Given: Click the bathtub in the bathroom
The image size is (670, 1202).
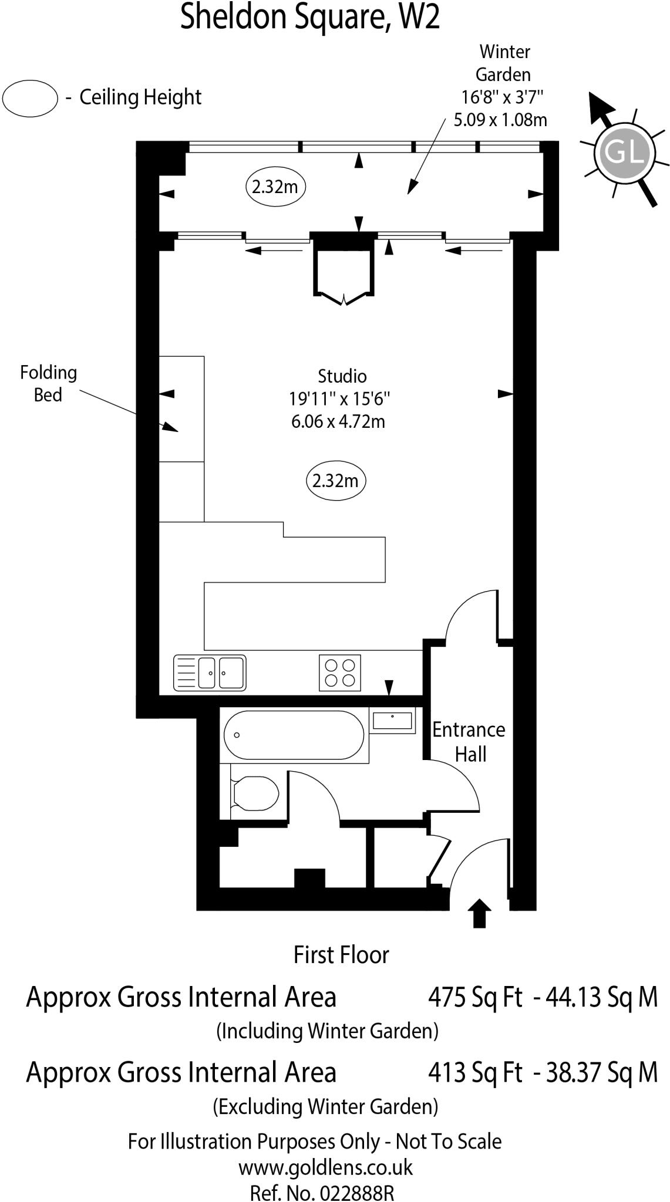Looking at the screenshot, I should (294, 735).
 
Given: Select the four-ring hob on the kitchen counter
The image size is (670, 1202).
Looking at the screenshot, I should (340, 673).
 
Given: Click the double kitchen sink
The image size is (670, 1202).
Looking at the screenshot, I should (210, 673).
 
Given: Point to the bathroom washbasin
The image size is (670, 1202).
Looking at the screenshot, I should (392, 720).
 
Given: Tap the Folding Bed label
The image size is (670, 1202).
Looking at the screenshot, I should (48, 383).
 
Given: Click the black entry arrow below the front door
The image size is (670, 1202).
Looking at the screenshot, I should (479, 913).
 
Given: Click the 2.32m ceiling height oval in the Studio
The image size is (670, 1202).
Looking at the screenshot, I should (336, 481).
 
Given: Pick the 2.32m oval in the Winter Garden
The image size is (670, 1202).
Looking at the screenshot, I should (275, 187).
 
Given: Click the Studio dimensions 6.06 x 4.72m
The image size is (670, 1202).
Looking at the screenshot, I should (338, 421).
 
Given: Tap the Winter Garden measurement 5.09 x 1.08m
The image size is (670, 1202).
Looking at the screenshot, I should (500, 120).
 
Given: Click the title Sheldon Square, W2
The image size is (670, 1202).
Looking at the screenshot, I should (309, 18).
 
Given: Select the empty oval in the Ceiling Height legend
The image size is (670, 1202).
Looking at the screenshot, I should (30, 97).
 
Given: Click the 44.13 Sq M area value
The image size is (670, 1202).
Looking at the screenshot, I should (602, 997).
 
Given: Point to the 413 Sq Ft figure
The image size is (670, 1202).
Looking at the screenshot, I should (474, 1072).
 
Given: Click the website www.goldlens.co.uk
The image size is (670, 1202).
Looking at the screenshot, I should (325, 1167).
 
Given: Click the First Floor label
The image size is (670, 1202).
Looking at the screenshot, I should (341, 955).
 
